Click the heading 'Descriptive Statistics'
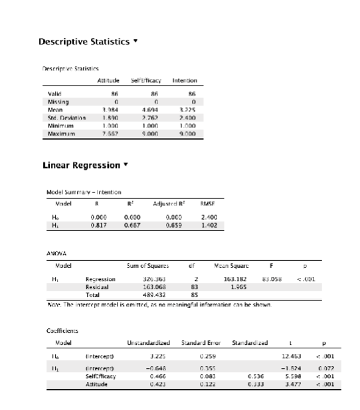point(83,42)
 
